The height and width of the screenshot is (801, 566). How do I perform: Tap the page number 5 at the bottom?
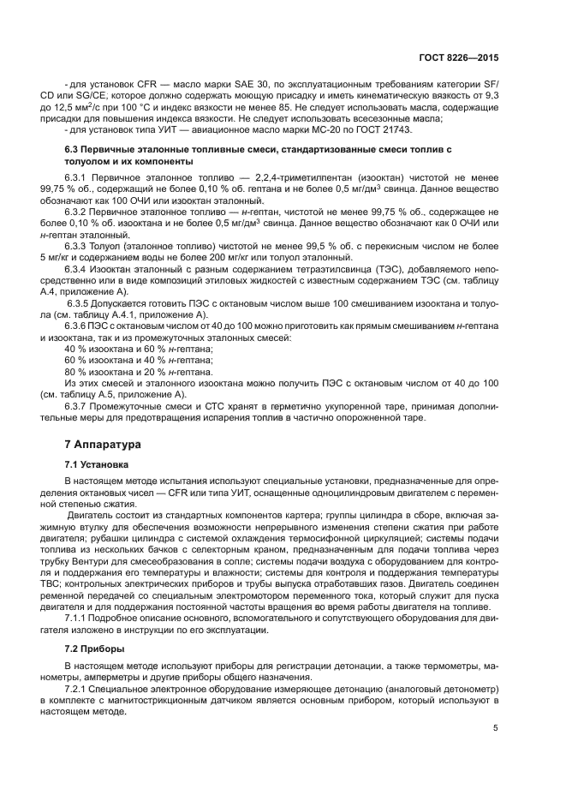click(496, 729)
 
